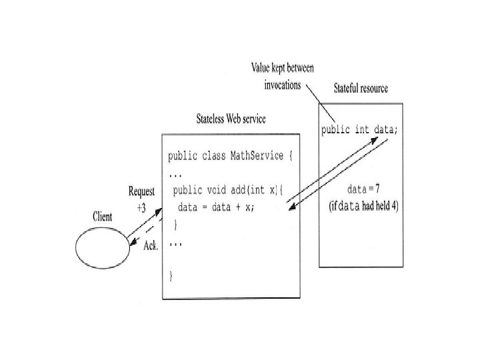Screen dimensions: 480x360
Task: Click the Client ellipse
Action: click(x=101, y=247)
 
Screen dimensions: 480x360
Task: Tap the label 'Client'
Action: click(x=102, y=217)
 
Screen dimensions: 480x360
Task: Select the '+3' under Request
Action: click(x=143, y=207)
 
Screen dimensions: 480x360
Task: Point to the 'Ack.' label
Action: click(x=151, y=245)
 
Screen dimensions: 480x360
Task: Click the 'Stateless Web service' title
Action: click(x=231, y=119)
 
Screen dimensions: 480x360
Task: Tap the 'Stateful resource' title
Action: click(x=361, y=89)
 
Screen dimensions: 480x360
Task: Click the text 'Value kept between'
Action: click(x=282, y=68)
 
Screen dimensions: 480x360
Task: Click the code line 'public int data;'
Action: click(x=359, y=129)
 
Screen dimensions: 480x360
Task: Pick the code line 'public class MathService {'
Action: click(x=229, y=157)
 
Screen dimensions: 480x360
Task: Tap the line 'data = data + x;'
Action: click(x=216, y=207)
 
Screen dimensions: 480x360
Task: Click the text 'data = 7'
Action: click(x=363, y=190)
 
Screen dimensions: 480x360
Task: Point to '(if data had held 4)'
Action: click(x=364, y=207)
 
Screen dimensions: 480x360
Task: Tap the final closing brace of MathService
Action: click(x=171, y=275)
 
